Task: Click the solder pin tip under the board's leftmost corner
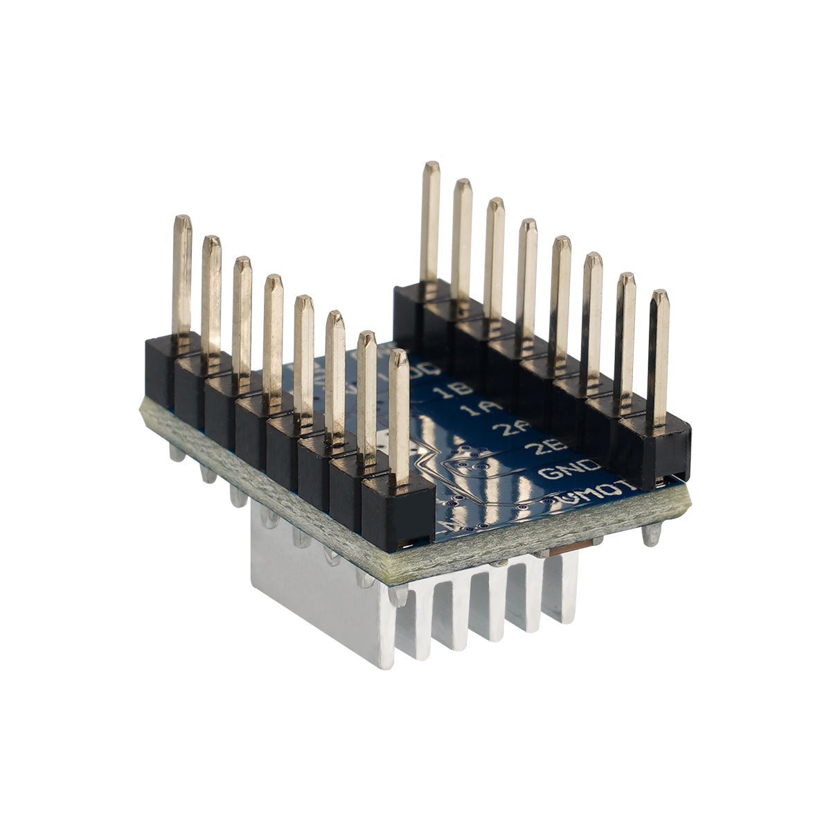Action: [177, 453]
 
